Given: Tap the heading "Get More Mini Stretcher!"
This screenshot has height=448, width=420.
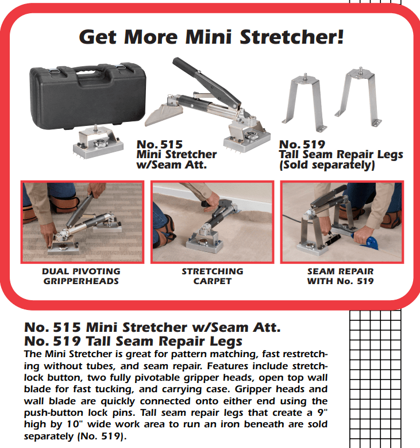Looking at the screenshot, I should click(211, 37).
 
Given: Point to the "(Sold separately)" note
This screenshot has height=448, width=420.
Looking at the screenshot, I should click(327, 166).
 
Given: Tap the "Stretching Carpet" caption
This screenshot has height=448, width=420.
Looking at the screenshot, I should click(213, 276).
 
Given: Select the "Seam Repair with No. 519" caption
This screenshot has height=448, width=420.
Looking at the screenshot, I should click(340, 276).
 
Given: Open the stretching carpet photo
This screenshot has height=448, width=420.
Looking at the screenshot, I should click(212, 221).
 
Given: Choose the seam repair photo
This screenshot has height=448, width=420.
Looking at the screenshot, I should click(341, 221).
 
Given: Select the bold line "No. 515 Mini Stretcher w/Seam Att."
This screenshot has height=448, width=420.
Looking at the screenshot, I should click(152, 328).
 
